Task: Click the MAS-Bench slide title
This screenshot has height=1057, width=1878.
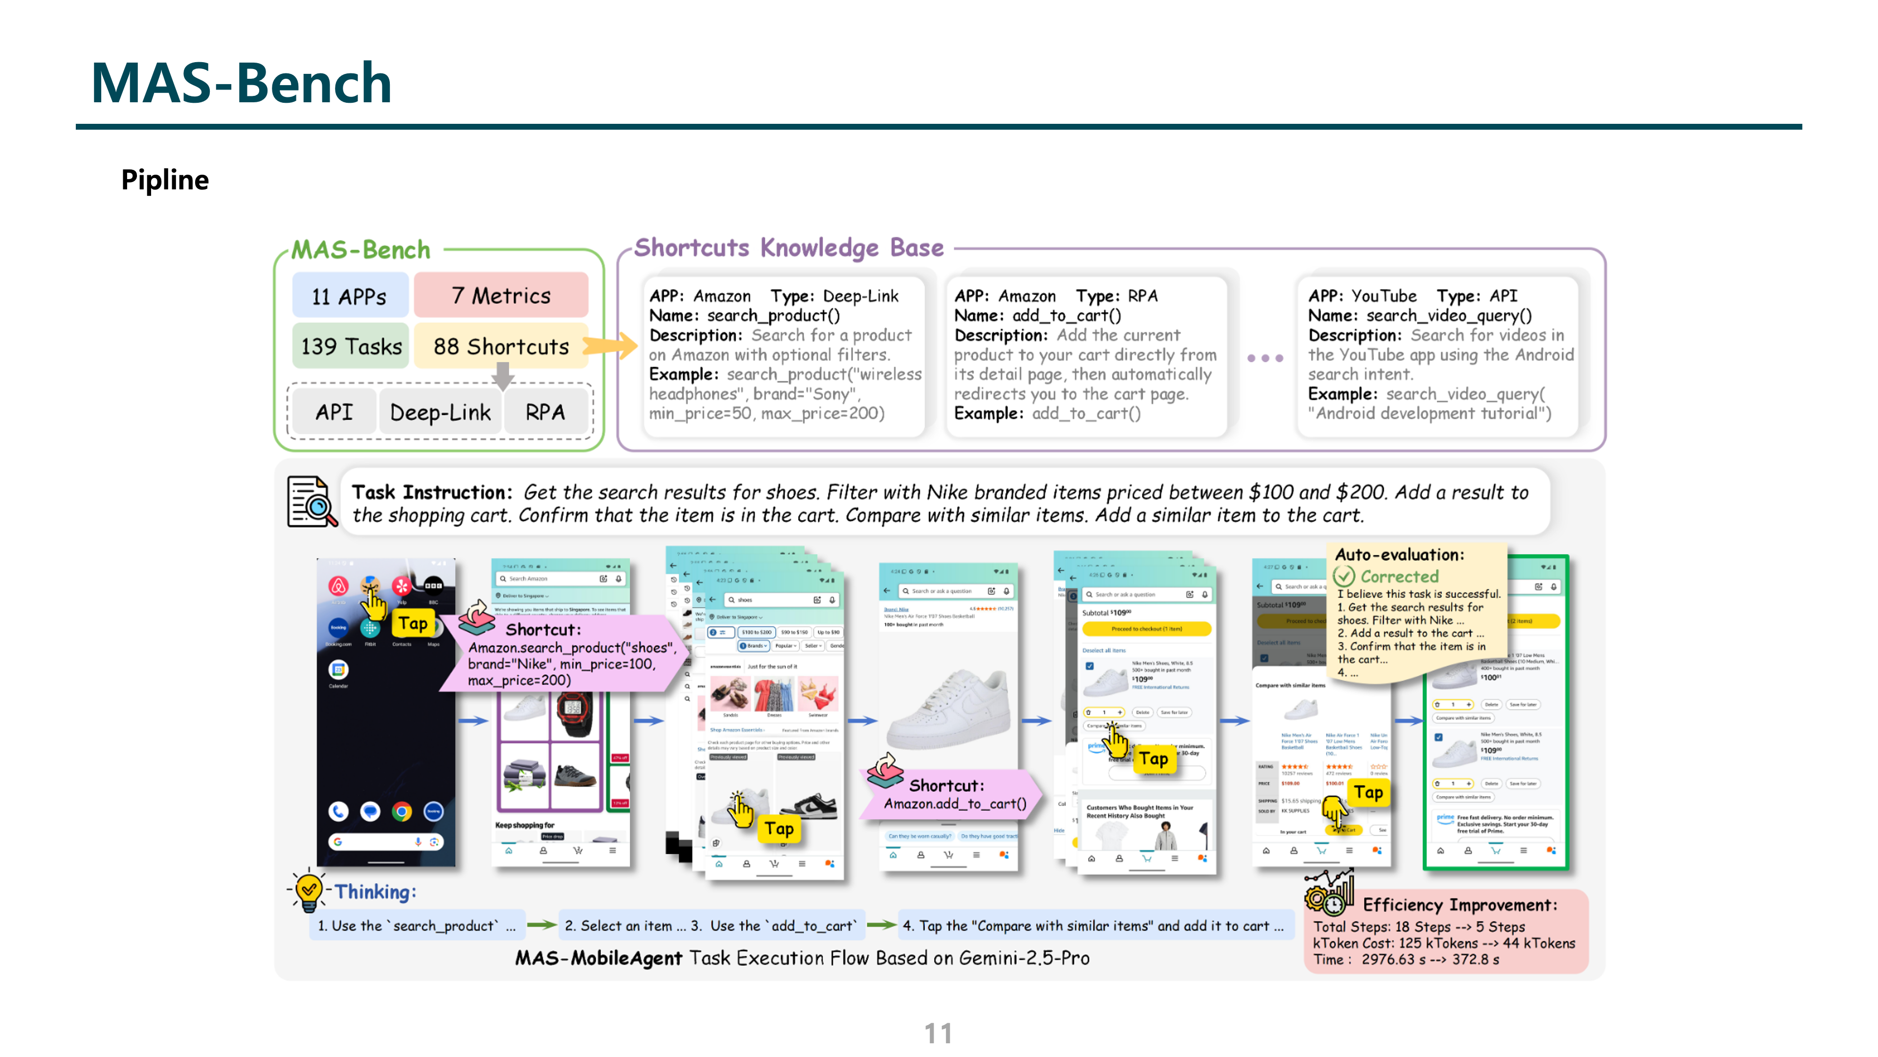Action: click(241, 82)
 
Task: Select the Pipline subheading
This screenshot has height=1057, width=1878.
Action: click(165, 180)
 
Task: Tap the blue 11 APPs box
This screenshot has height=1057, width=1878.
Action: click(349, 296)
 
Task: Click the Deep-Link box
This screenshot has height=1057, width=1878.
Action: click(440, 412)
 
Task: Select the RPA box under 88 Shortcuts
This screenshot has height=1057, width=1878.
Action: click(545, 412)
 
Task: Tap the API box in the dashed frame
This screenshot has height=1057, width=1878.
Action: click(334, 412)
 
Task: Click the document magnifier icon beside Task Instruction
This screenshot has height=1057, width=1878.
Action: click(312, 502)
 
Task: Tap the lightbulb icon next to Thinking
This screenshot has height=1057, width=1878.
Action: click(309, 890)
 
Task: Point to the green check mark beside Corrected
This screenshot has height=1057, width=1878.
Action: click(1343, 576)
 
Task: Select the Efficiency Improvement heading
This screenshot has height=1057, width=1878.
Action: click(1459, 904)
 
